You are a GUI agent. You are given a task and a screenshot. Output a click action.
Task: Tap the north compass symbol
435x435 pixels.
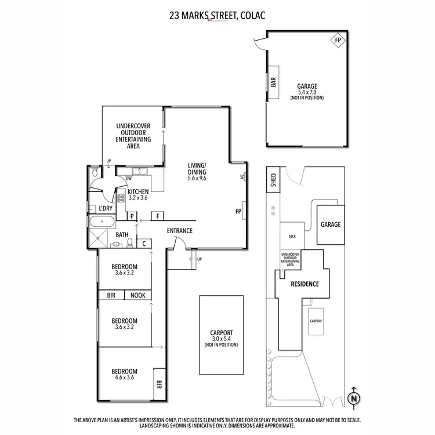tap(353, 397)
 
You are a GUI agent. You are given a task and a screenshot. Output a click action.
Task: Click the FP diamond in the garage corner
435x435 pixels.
tap(338, 41)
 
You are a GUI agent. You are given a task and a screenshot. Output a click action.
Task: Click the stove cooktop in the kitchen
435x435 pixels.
tap(122, 199)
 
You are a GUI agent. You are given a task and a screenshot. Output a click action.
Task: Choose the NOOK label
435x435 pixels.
tap(137, 295)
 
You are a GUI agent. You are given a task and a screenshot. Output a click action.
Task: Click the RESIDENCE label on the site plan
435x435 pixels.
tap(304, 284)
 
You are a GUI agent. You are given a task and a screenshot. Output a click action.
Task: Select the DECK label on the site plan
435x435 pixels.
tap(292, 237)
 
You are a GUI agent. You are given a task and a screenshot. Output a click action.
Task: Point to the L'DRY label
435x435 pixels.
tap(105, 208)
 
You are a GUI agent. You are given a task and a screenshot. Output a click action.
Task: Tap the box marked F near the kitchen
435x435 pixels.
tap(157, 216)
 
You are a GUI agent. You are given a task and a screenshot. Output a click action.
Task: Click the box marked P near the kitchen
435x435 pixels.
tap(132, 216)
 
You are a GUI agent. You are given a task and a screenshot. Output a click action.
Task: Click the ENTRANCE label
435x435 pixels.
tap(180, 231)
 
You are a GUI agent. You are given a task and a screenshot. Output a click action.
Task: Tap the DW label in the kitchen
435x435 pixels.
tap(121, 179)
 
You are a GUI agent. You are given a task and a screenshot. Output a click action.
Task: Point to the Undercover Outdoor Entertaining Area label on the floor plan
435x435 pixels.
tap(133, 136)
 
